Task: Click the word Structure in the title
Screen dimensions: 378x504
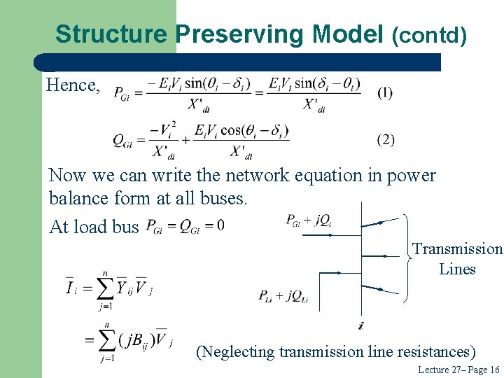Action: pos(111,33)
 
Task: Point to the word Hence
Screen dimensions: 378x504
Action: pos(73,85)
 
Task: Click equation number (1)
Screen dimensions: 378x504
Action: pos(385,92)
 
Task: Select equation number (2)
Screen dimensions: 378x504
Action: pos(386,139)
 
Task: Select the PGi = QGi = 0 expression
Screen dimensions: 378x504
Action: pos(185,226)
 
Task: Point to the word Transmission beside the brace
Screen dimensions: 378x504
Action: pos(457,249)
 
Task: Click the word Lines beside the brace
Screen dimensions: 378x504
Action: pos(457,269)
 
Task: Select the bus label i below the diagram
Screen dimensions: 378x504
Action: pos(360,325)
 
